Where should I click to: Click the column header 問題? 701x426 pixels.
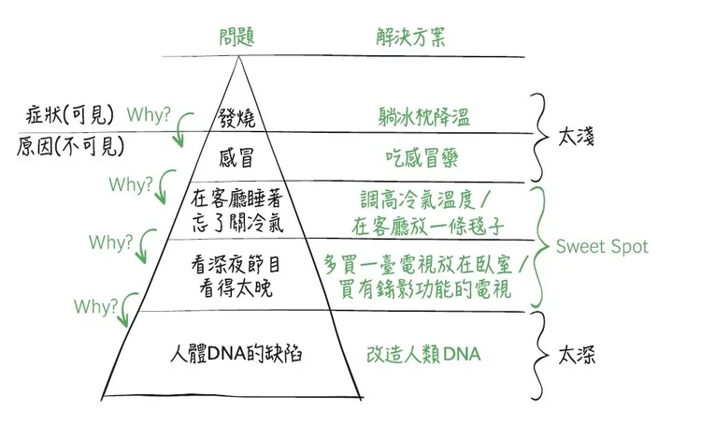coord(236,38)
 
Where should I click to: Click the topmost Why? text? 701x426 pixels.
coord(150,116)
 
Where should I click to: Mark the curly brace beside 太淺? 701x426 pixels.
coord(540,137)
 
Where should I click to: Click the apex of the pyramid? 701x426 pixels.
coord(240,58)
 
